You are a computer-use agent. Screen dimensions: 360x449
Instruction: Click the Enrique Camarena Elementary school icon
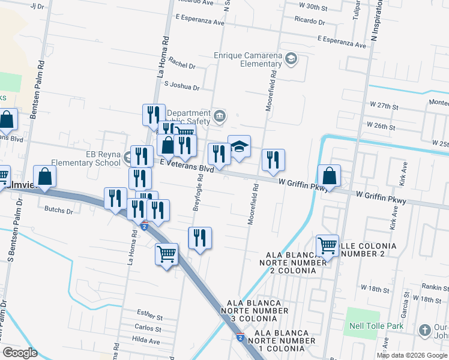(x=291, y=58)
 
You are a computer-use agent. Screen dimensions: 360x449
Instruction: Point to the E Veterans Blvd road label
(x=187, y=166)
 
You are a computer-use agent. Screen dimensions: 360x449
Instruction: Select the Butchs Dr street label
(x=58, y=211)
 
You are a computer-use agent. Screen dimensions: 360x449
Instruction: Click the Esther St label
(x=149, y=314)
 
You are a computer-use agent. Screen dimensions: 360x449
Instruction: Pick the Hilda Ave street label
(x=146, y=341)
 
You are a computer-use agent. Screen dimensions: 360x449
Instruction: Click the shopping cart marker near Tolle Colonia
(x=327, y=245)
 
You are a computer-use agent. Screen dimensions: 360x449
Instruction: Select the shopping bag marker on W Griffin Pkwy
(x=329, y=176)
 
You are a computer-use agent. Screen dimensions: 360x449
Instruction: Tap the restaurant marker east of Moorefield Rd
(x=273, y=160)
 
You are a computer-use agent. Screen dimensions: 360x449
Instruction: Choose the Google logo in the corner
(x=19, y=352)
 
